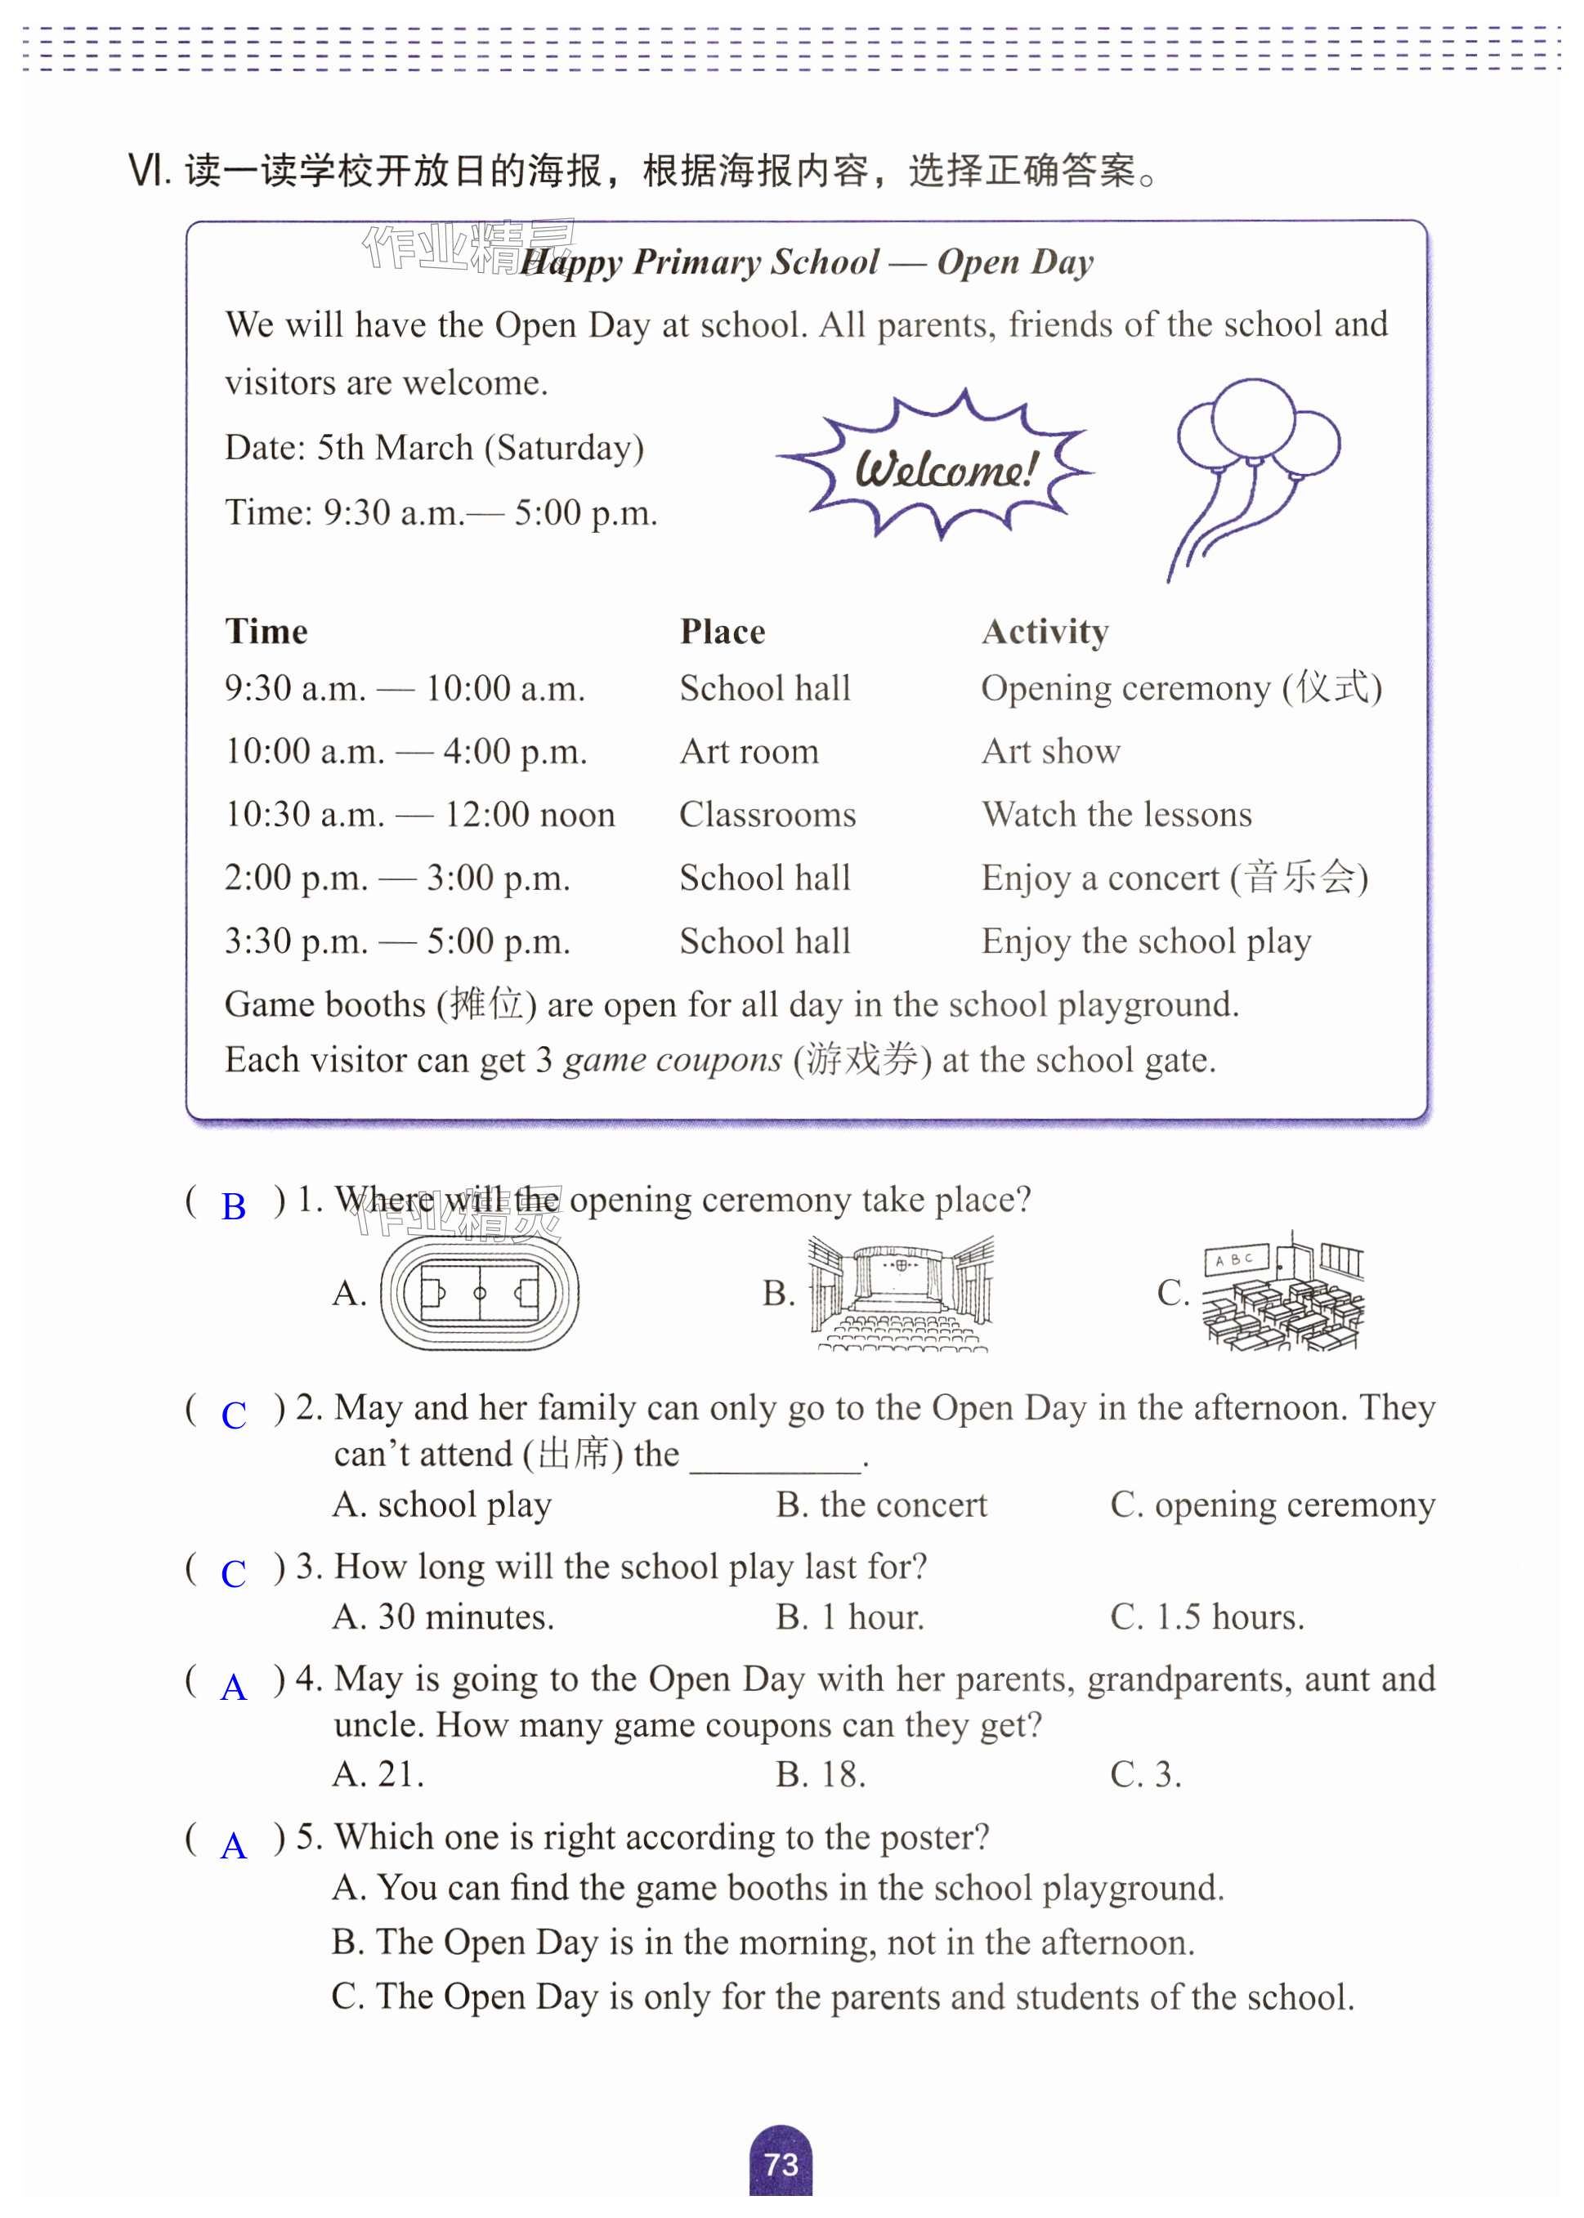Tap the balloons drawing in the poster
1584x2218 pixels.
coord(1253,468)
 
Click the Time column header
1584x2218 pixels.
coord(266,632)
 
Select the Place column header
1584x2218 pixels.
coord(722,632)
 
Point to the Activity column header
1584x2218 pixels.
coord(1045,632)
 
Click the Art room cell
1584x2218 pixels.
coord(749,752)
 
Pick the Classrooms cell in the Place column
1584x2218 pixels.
coord(767,815)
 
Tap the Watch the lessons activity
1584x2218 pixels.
coord(1116,815)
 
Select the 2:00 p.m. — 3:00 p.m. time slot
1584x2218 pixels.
coord(397,878)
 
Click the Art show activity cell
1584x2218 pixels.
coord(1050,752)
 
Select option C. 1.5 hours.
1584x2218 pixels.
coord(1206,1618)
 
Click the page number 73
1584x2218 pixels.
coord(781,2164)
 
